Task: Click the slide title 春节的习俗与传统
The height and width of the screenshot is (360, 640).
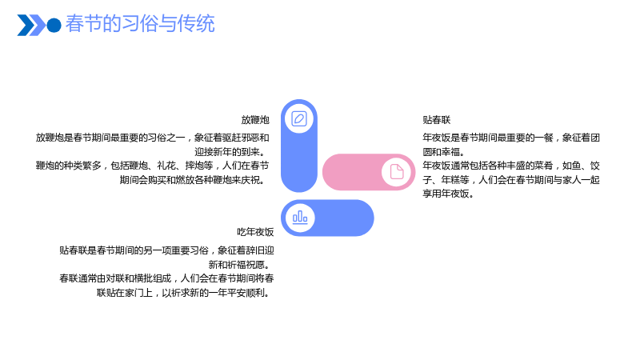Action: [x=140, y=24]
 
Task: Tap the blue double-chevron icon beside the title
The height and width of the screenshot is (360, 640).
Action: [x=31, y=26]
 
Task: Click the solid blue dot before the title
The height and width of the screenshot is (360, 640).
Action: [x=54, y=26]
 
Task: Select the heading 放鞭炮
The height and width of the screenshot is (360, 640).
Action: [x=255, y=120]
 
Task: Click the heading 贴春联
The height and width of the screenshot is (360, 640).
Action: [x=436, y=120]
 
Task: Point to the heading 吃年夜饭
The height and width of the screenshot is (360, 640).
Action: [x=255, y=232]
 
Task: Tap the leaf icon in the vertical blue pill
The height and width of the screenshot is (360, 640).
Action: [x=299, y=118]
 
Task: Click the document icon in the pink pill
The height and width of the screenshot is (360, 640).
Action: [x=396, y=172]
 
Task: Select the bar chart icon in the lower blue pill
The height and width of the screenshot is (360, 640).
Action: [x=300, y=218]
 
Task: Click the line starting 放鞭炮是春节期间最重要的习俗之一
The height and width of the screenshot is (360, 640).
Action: [x=152, y=138]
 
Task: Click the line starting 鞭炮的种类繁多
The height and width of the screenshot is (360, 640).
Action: [x=152, y=166]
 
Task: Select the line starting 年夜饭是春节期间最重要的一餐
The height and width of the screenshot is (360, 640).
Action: [x=511, y=138]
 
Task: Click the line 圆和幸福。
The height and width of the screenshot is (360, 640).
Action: [x=444, y=152]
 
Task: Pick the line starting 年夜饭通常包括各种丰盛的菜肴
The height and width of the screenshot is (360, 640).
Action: [x=511, y=166]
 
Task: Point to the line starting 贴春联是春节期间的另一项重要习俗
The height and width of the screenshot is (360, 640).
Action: [x=166, y=250]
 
